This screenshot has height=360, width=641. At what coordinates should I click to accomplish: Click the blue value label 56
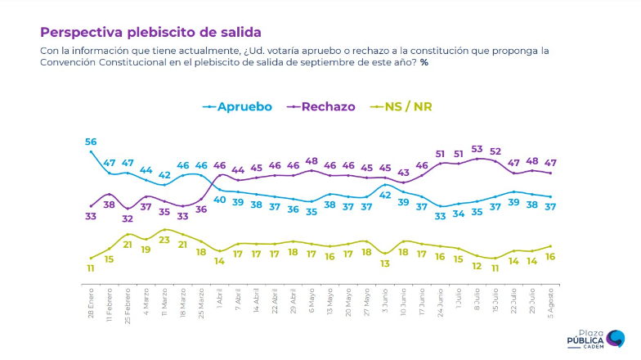coord(91,142)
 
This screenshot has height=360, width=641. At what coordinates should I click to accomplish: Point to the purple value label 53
coord(477,149)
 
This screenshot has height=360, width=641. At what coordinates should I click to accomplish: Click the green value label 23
coord(164,240)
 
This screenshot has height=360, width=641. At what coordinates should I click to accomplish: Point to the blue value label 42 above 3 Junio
coord(385,196)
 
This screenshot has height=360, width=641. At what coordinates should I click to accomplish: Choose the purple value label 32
coord(128,218)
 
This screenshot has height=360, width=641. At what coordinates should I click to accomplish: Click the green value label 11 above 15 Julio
coord(495,268)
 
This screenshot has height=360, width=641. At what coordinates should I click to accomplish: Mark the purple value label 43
coord(404,173)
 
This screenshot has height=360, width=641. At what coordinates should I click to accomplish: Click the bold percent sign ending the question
coord(424,63)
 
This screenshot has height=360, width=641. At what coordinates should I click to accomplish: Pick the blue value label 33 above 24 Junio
coord(441,216)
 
